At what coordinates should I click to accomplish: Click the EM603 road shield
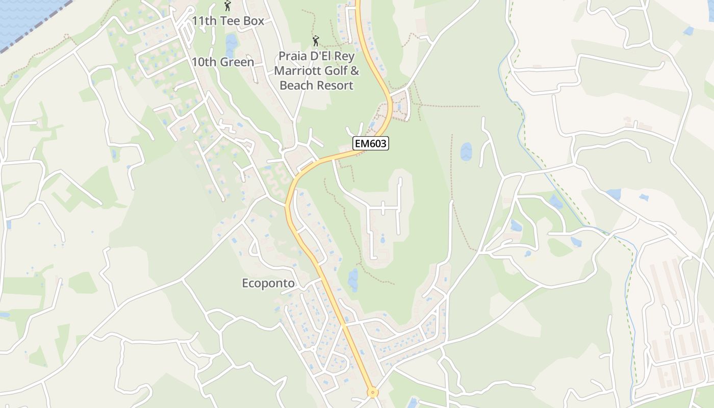pyautogui.click(x=371, y=144)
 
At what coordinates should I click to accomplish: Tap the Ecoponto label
pyautogui.click(x=268, y=283)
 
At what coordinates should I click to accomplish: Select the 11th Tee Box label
pyautogui.click(x=228, y=21)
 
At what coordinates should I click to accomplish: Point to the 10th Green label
pyautogui.click(x=222, y=62)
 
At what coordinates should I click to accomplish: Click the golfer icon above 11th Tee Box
pyautogui.click(x=227, y=6)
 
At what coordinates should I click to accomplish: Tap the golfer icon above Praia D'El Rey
pyautogui.click(x=316, y=40)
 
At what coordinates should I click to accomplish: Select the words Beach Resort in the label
pyautogui.click(x=316, y=85)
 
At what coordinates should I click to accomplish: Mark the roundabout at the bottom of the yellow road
pyautogui.click(x=373, y=392)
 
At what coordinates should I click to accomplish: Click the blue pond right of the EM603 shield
pyautogui.click(x=466, y=151)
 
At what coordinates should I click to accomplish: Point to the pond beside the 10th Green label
pyautogui.click(x=231, y=45)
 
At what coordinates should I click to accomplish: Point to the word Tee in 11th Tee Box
pyautogui.click(x=232, y=21)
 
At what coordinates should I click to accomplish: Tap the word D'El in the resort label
pyautogui.click(x=325, y=56)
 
